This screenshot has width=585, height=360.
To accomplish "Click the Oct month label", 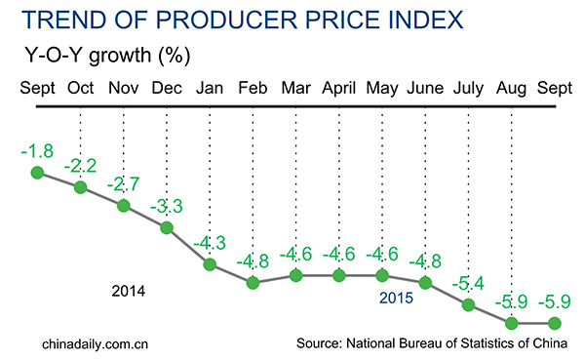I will coord(80,89).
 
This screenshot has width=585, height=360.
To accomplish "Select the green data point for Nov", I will coord(123,206).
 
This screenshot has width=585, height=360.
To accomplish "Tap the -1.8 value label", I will coord(36,151).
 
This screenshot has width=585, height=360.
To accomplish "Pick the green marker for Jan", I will coord(210,264).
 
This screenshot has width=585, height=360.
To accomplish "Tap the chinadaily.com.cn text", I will coord(95,343).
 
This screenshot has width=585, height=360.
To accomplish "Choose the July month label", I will coord(469,89).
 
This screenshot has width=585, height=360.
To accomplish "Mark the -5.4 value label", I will coord(469,285).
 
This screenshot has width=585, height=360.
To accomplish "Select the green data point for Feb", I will coord(253,283).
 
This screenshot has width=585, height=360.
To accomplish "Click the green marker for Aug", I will coord(512,322).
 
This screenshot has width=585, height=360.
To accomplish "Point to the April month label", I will coord(339,89).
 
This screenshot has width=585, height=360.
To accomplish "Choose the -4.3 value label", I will coord(210,243).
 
